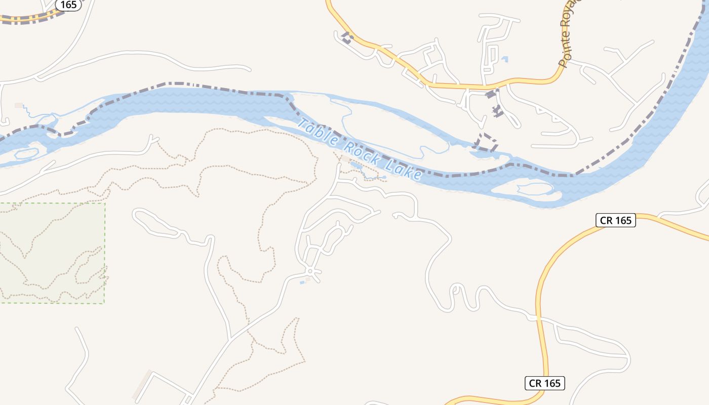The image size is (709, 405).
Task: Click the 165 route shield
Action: [68, 5]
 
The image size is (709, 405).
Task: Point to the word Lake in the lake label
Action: [404, 169]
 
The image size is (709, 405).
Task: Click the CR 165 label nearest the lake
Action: [615, 220]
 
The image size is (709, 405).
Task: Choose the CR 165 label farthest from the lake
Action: [544, 383]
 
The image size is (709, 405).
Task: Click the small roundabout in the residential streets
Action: [310, 273]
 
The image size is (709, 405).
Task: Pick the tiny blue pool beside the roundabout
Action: [302, 282]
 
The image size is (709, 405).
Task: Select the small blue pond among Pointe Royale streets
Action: [504, 59]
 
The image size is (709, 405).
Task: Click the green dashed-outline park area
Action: [51, 253]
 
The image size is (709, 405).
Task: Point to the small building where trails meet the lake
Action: [346, 159]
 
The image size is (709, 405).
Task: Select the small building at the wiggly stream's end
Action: [19, 105]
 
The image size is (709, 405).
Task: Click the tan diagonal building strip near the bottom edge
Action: [142, 385]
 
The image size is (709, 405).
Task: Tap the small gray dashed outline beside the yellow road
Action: [347, 38]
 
